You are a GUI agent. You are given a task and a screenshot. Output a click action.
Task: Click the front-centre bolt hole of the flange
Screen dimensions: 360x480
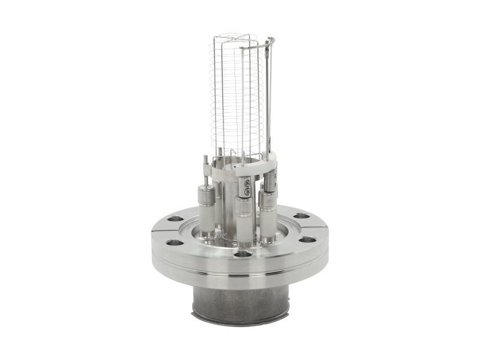242,254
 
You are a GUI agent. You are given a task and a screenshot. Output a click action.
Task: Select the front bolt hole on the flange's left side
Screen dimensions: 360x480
174,243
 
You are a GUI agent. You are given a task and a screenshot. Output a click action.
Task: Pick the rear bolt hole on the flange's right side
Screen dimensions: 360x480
302,215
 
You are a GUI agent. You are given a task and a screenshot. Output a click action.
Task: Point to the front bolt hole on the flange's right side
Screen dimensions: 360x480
308,239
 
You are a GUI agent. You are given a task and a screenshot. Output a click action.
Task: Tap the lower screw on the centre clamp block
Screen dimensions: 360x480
247,192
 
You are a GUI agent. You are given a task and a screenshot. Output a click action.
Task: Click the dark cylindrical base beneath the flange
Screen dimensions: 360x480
240,300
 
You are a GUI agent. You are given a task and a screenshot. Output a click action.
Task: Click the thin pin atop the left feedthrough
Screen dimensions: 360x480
206,163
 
